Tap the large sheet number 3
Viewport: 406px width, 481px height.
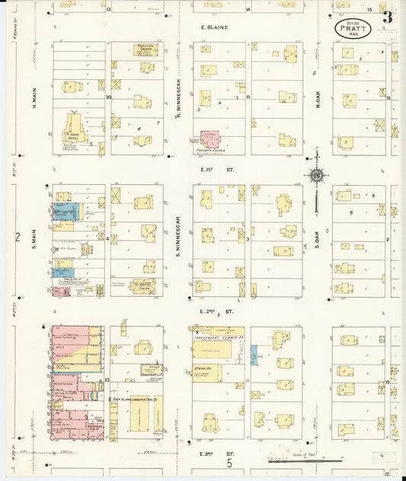pos(388,17)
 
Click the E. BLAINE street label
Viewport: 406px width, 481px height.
pos(214,29)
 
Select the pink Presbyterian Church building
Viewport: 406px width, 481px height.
pos(209,139)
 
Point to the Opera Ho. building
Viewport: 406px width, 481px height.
pos(206,373)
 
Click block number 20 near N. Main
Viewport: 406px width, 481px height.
pos(108,97)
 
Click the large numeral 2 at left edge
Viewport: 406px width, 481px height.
pos(18,237)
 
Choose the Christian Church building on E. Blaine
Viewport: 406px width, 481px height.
pos(145,49)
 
